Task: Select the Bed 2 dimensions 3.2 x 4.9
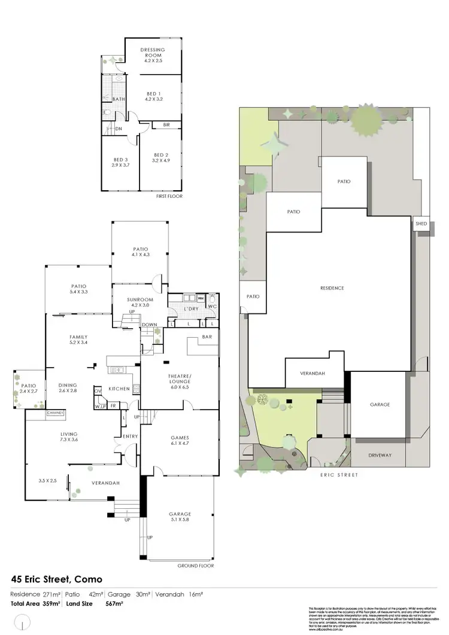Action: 162,160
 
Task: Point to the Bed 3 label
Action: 121,159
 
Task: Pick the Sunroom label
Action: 141,300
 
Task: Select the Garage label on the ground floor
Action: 180,514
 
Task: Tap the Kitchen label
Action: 120,389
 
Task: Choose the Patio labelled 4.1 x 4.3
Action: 141,249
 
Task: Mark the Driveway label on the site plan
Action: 380,455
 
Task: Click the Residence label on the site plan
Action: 332,288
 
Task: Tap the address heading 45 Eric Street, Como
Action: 57,579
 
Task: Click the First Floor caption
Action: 170,196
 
